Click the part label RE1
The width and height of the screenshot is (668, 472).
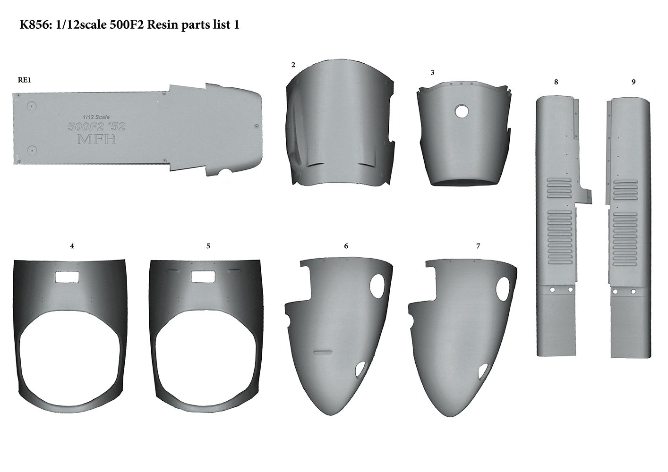pyautogui.click(x=24, y=80)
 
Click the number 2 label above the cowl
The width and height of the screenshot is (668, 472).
pyautogui.click(x=293, y=65)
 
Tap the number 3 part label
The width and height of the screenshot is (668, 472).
pyautogui.click(x=432, y=73)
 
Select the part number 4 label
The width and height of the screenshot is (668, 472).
pyautogui.click(x=72, y=246)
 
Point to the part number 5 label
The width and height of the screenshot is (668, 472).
pyautogui.click(x=208, y=246)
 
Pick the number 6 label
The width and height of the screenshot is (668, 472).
pyautogui.click(x=346, y=246)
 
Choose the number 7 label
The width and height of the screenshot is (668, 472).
pyautogui.click(x=478, y=246)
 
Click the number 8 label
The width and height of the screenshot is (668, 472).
pyautogui.click(x=556, y=82)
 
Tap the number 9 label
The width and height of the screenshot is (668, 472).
pyautogui.click(x=634, y=82)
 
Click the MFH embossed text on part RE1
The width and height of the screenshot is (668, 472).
pyautogui.click(x=96, y=139)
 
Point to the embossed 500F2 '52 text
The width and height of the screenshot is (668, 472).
pyautogui.click(x=96, y=126)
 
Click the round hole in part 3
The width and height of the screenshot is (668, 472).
pyautogui.click(x=461, y=111)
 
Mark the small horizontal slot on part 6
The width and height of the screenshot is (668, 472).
pyautogui.click(x=323, y=352)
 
